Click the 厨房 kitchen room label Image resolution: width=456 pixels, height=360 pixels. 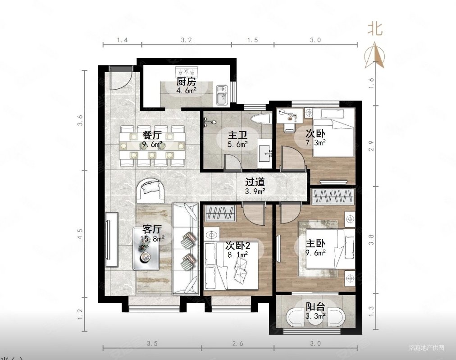(x=186, y=82)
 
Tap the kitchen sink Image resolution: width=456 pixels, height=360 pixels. (x=222, y=95)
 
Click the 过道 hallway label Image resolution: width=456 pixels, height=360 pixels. (x=255, y=182)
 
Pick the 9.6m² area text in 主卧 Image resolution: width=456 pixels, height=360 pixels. (x=316, y=253)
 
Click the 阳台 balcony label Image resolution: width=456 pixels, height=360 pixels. (x=315, y=307)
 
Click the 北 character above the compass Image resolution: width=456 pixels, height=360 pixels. (x=374, y=29)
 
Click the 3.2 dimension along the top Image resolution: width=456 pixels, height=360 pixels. (x=186, y=40)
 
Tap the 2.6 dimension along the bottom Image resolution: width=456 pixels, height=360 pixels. (x=237, y=344)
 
